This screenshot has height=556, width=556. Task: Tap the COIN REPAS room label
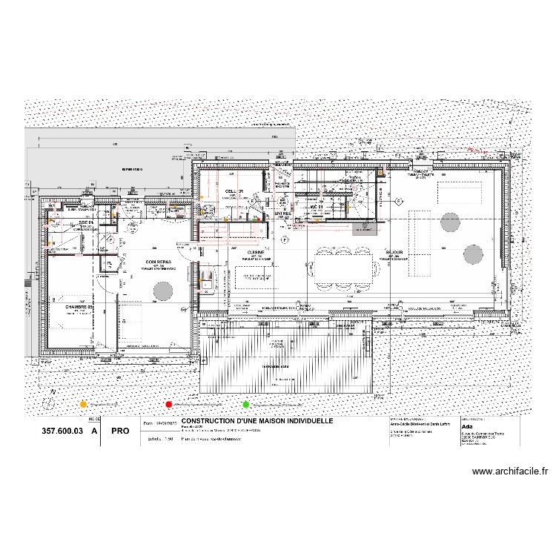pos(161,262)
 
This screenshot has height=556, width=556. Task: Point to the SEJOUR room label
pos(393,252)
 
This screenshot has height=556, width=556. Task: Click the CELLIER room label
pos(234,191)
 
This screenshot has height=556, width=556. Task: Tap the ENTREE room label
pos(282,214)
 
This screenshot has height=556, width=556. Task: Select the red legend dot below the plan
pos(169,404)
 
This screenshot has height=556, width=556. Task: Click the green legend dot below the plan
pos(245,404)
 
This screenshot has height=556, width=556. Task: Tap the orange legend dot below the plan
pos(84,404)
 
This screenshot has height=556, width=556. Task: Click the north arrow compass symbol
pos(50,400)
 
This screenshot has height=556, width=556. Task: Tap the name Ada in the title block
pos(466,428)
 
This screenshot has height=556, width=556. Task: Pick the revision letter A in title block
pos(94,430)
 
